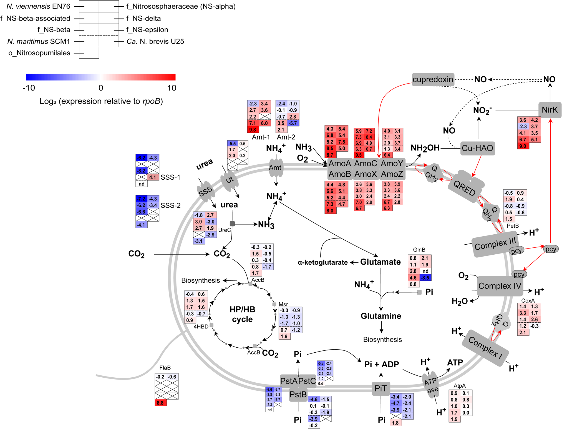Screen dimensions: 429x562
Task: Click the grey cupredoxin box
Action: point(433,80)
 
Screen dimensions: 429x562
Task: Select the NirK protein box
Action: point(550,110)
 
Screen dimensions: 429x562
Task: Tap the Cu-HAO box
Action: point(477,148)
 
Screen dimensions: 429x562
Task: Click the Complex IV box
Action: point(500,286)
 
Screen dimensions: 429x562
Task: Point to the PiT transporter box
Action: point(380,388)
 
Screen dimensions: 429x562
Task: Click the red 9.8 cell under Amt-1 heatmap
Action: point(253,130)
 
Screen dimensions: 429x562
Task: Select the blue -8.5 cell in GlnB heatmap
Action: point(425,278)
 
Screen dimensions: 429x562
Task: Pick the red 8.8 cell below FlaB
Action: point(160,403)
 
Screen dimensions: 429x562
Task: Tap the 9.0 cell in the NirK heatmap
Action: point(523,146)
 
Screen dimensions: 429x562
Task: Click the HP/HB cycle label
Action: point(242,314)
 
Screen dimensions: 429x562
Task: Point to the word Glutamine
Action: point(381,316)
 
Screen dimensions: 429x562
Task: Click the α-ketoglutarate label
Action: point(322,262)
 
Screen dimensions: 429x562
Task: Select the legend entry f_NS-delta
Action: point(143,18)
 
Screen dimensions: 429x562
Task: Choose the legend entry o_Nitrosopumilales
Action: point(39,53)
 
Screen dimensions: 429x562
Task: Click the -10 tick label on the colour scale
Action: point(29,88)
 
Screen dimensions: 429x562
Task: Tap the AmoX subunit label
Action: point(366,174)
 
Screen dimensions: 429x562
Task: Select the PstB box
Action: point(298,394)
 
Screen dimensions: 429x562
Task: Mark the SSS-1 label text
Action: point(170,177)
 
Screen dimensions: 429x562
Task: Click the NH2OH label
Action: point(425,148)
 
